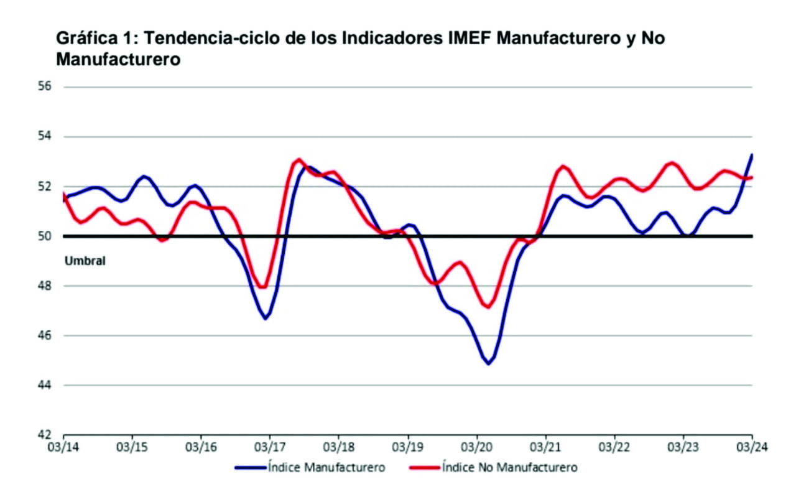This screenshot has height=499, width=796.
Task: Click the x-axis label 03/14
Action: click(x=63, y=447)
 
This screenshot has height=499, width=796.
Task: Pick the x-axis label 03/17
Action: click(x=270, y=447)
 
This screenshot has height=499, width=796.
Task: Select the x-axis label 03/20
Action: click(x=476, y=447)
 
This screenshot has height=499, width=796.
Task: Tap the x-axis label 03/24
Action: click(x=751, y=447)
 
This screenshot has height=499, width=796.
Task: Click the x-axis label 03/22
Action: click(x=614, y=447)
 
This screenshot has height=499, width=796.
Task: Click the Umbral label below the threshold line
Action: click(x=85, y=261)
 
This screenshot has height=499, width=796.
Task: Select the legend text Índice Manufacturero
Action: click(x=326, y=467)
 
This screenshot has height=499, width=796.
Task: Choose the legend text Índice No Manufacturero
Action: click(x=509, y=467)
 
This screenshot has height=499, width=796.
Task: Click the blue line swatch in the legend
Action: click(x=249, y=467)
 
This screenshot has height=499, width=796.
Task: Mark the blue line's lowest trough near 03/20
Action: click(x=488, y=363)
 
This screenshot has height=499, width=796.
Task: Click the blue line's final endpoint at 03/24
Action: click(x=752, y=155)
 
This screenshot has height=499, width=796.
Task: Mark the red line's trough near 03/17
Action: click(x=263, y=287)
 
